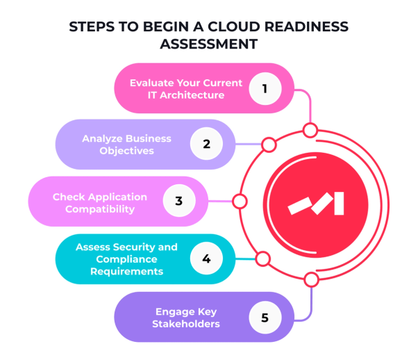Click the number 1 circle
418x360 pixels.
click(x=265, y=88)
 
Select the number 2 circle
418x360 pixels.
click(x=206, y=144)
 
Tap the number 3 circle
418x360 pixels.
click(x=178, y=202)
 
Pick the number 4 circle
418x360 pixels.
click(x=206, y=259)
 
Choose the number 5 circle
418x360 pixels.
click(x=265, y=317)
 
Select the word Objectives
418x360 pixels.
click(x=127, y=151)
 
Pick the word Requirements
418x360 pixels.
click(x=126, y=271)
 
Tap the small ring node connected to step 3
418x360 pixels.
click(x=240, y=202)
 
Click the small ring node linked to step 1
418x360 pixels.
click(x=310, y=130)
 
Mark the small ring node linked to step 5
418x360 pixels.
click(x=310, y=280)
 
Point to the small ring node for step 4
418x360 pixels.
click(x=262, y=259)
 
